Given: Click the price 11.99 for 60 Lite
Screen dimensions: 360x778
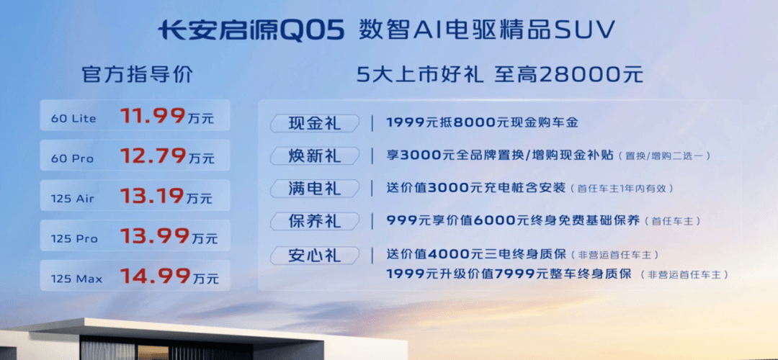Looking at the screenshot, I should (153, 117).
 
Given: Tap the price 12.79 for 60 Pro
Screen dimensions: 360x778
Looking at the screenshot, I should (153, 156).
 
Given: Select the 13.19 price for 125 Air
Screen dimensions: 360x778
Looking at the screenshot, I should (153, 197).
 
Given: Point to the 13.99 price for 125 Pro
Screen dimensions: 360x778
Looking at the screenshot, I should (153, 236).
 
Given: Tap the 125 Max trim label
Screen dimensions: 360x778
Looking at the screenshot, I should (75, 279).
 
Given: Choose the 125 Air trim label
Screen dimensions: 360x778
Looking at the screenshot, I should (72, 199).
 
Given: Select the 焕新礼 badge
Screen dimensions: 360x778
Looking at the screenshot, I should (315, 156).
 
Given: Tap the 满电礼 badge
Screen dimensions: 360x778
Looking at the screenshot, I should (315, 189).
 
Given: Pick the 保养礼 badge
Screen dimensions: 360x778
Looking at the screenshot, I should (315, 221).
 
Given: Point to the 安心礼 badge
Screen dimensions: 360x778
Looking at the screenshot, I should (315, 254).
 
